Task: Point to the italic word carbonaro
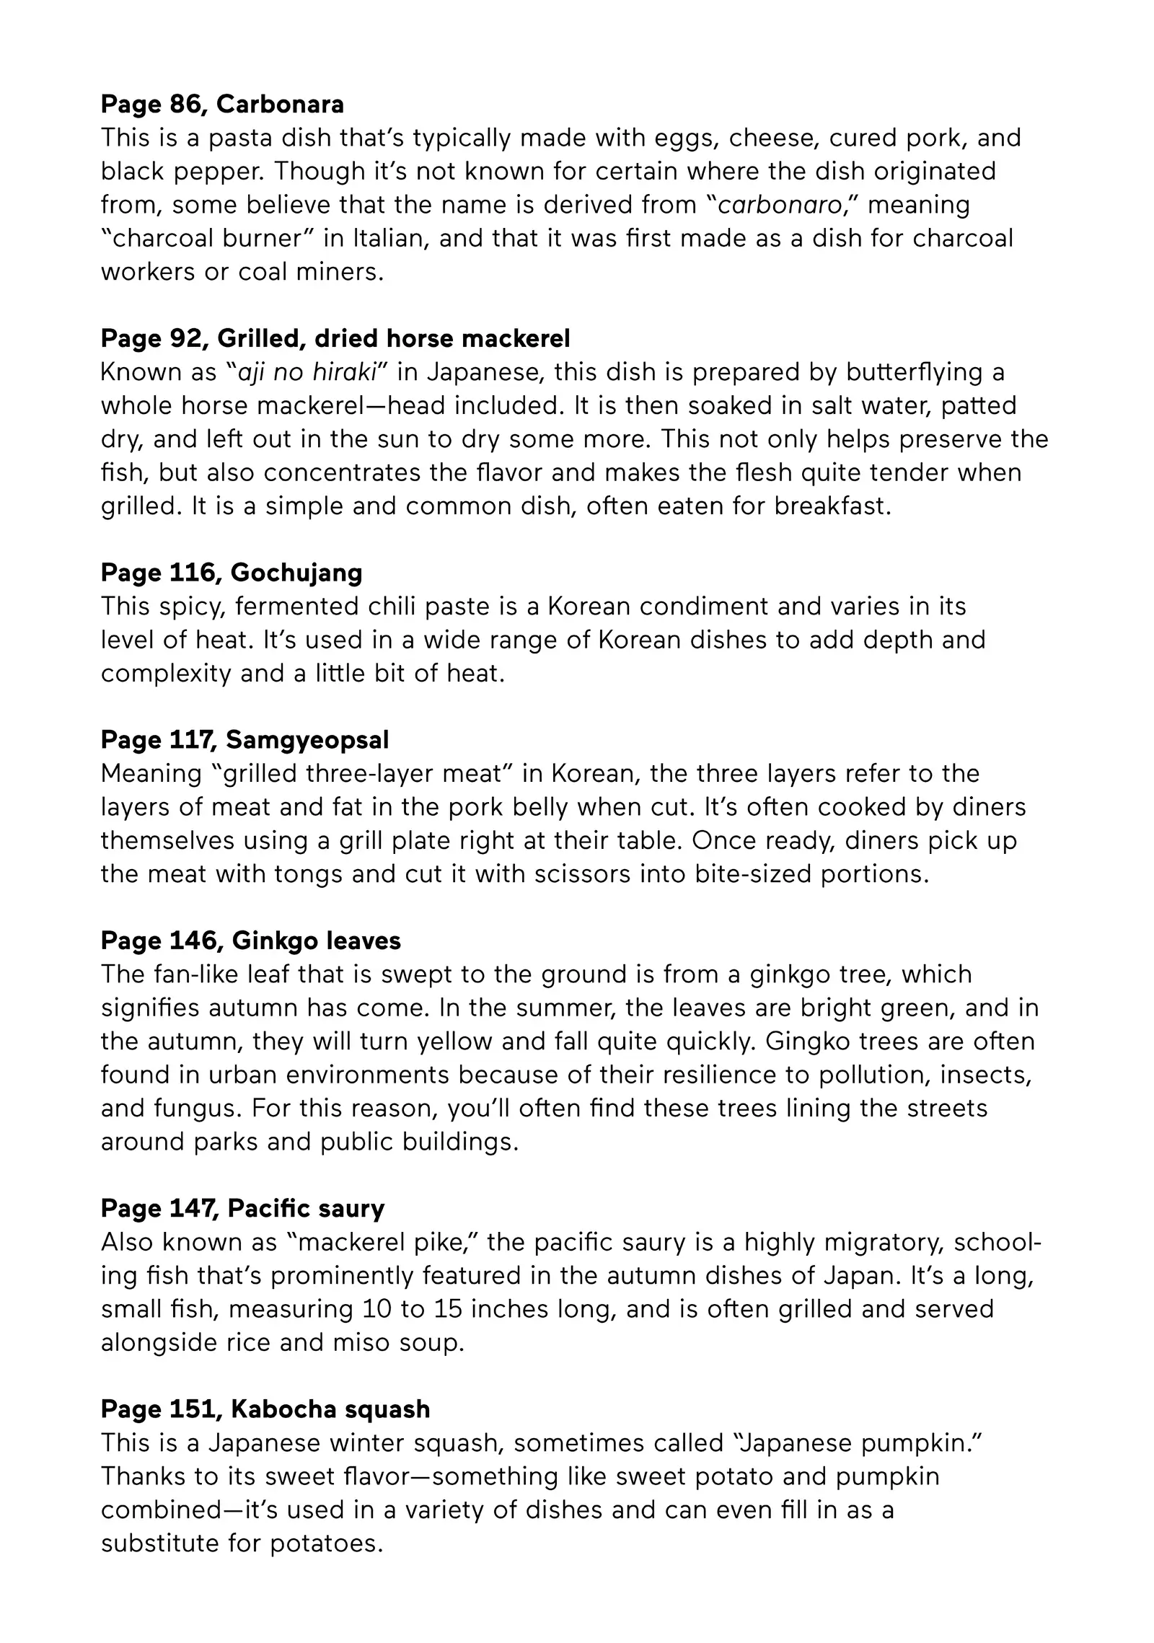(780, 206)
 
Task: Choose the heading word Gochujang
(296, 573)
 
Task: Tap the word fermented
(297, 607)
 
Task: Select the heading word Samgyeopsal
(307, 740)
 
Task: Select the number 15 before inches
(447, 1309)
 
